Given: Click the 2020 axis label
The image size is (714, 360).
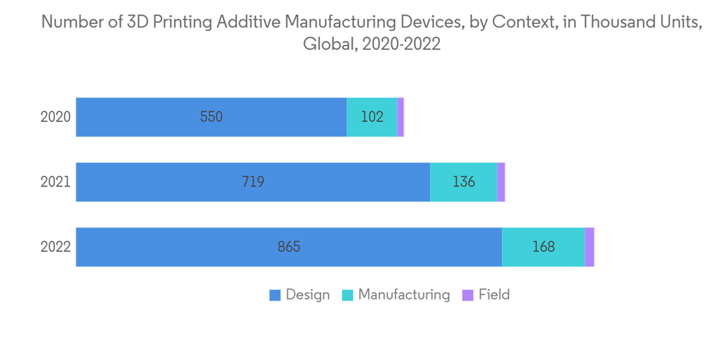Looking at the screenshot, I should point(55,117).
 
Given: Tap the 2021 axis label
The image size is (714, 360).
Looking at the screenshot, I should point(55,182).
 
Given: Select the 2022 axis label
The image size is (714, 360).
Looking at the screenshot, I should point(55,247).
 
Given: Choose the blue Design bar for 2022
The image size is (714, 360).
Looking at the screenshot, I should point(214,247).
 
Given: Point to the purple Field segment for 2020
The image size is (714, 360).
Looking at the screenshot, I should point(401,117).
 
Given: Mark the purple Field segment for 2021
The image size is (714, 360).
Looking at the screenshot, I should point(501,182).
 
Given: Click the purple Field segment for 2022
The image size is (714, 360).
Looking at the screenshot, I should point(590,247).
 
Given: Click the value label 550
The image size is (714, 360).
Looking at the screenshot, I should point(211,117).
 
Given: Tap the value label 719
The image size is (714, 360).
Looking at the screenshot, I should point(253,182).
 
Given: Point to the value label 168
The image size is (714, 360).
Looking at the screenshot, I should point(543,247).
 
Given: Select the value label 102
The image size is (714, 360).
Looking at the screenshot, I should point(372,117).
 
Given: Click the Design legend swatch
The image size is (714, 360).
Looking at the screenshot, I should point(275,295).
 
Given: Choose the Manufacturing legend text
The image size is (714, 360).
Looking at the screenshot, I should point(404,294).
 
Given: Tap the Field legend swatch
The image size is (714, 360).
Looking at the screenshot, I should point(468,295).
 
